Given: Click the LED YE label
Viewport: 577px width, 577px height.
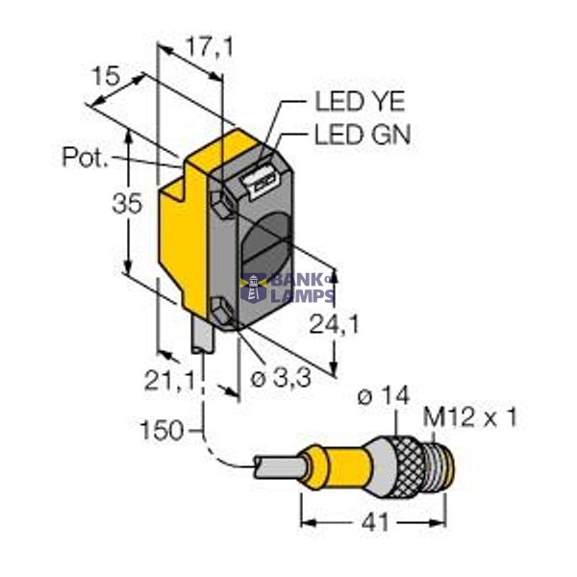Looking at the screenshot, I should click(x=360, y=101).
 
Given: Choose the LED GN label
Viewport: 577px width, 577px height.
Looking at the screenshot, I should click(x=362, y=136).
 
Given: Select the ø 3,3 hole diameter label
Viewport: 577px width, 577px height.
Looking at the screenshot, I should click(x=280, y=379).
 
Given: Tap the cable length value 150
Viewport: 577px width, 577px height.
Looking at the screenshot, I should click(x=162, y=430).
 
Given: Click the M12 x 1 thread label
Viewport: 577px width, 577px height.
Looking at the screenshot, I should click(x=471, y=417).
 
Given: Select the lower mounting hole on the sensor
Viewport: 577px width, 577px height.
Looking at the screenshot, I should click(x=223, y=311).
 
